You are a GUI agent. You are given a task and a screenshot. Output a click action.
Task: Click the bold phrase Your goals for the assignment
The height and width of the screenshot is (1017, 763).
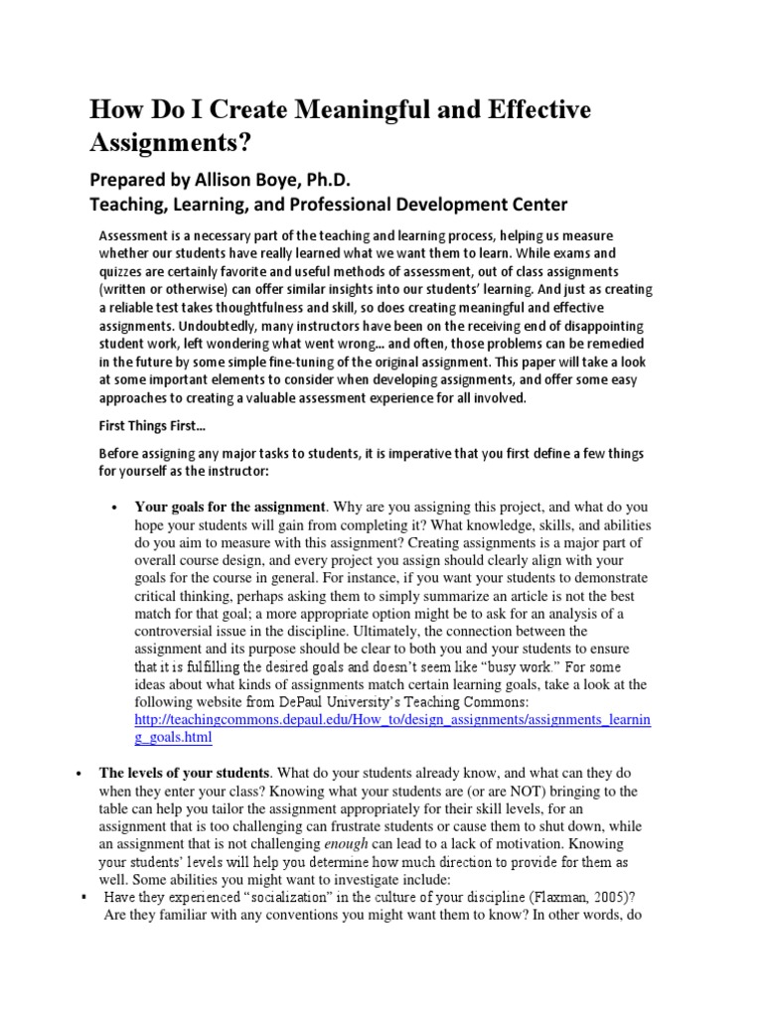pyautogui.click(x=229, y=507)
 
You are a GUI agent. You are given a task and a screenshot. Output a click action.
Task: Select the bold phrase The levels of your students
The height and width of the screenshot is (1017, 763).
pyautogui.click(x=184, y=773)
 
